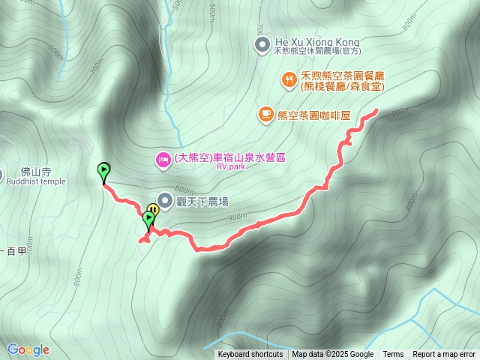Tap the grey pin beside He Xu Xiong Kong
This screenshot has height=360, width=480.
(262, 46)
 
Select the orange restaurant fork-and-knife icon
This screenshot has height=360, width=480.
(289, 79)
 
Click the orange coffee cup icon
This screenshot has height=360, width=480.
(265, 114)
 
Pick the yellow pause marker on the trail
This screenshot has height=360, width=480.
(153, 209)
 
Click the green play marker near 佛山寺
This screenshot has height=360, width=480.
(103, 171)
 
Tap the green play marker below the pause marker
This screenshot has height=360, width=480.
(148, 219)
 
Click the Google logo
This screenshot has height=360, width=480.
(28, 349)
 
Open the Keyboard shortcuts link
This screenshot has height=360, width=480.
(250, 355)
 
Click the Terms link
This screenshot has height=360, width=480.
(393, 355)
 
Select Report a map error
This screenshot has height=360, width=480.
(444, 355)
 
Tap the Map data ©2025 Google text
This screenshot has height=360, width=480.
(332, 355)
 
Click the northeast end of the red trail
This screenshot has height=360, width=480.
(375, 110)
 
